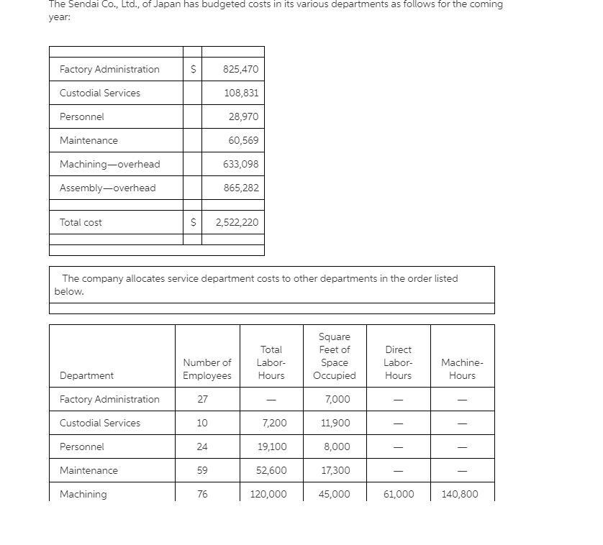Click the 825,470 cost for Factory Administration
[240, 69]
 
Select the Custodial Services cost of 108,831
[241, 93]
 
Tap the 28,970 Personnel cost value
[243, 116]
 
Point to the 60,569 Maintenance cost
[243, 140]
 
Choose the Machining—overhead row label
[109, 164]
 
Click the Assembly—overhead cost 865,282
[240, 188]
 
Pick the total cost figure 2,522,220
[237, 222]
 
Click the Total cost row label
[81, 222]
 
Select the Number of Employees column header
[207, 369]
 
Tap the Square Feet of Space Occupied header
[335, 356]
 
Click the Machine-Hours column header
[462, 369]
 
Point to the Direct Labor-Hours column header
[398, 362]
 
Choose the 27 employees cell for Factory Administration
[202, 399]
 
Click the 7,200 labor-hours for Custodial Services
[275, 423]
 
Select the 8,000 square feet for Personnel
[337, 446]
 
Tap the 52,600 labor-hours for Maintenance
[272, 470]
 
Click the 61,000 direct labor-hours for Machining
[399, 494]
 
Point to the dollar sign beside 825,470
[193, 69]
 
